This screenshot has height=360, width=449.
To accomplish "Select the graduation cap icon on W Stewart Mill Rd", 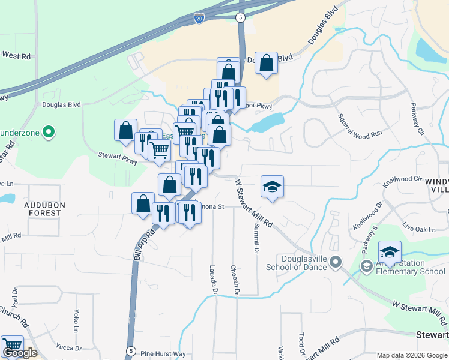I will coord(272,187).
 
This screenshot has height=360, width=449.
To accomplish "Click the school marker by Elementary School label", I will coord(390,252).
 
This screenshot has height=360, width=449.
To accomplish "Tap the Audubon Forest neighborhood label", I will coord(43,208).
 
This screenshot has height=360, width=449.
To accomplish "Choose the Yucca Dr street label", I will coord(69,347).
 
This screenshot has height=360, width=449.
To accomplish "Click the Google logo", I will coord(19,353).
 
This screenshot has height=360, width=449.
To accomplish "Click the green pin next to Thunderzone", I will coord(50,130).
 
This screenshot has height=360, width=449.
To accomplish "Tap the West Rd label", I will coord(16,55).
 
